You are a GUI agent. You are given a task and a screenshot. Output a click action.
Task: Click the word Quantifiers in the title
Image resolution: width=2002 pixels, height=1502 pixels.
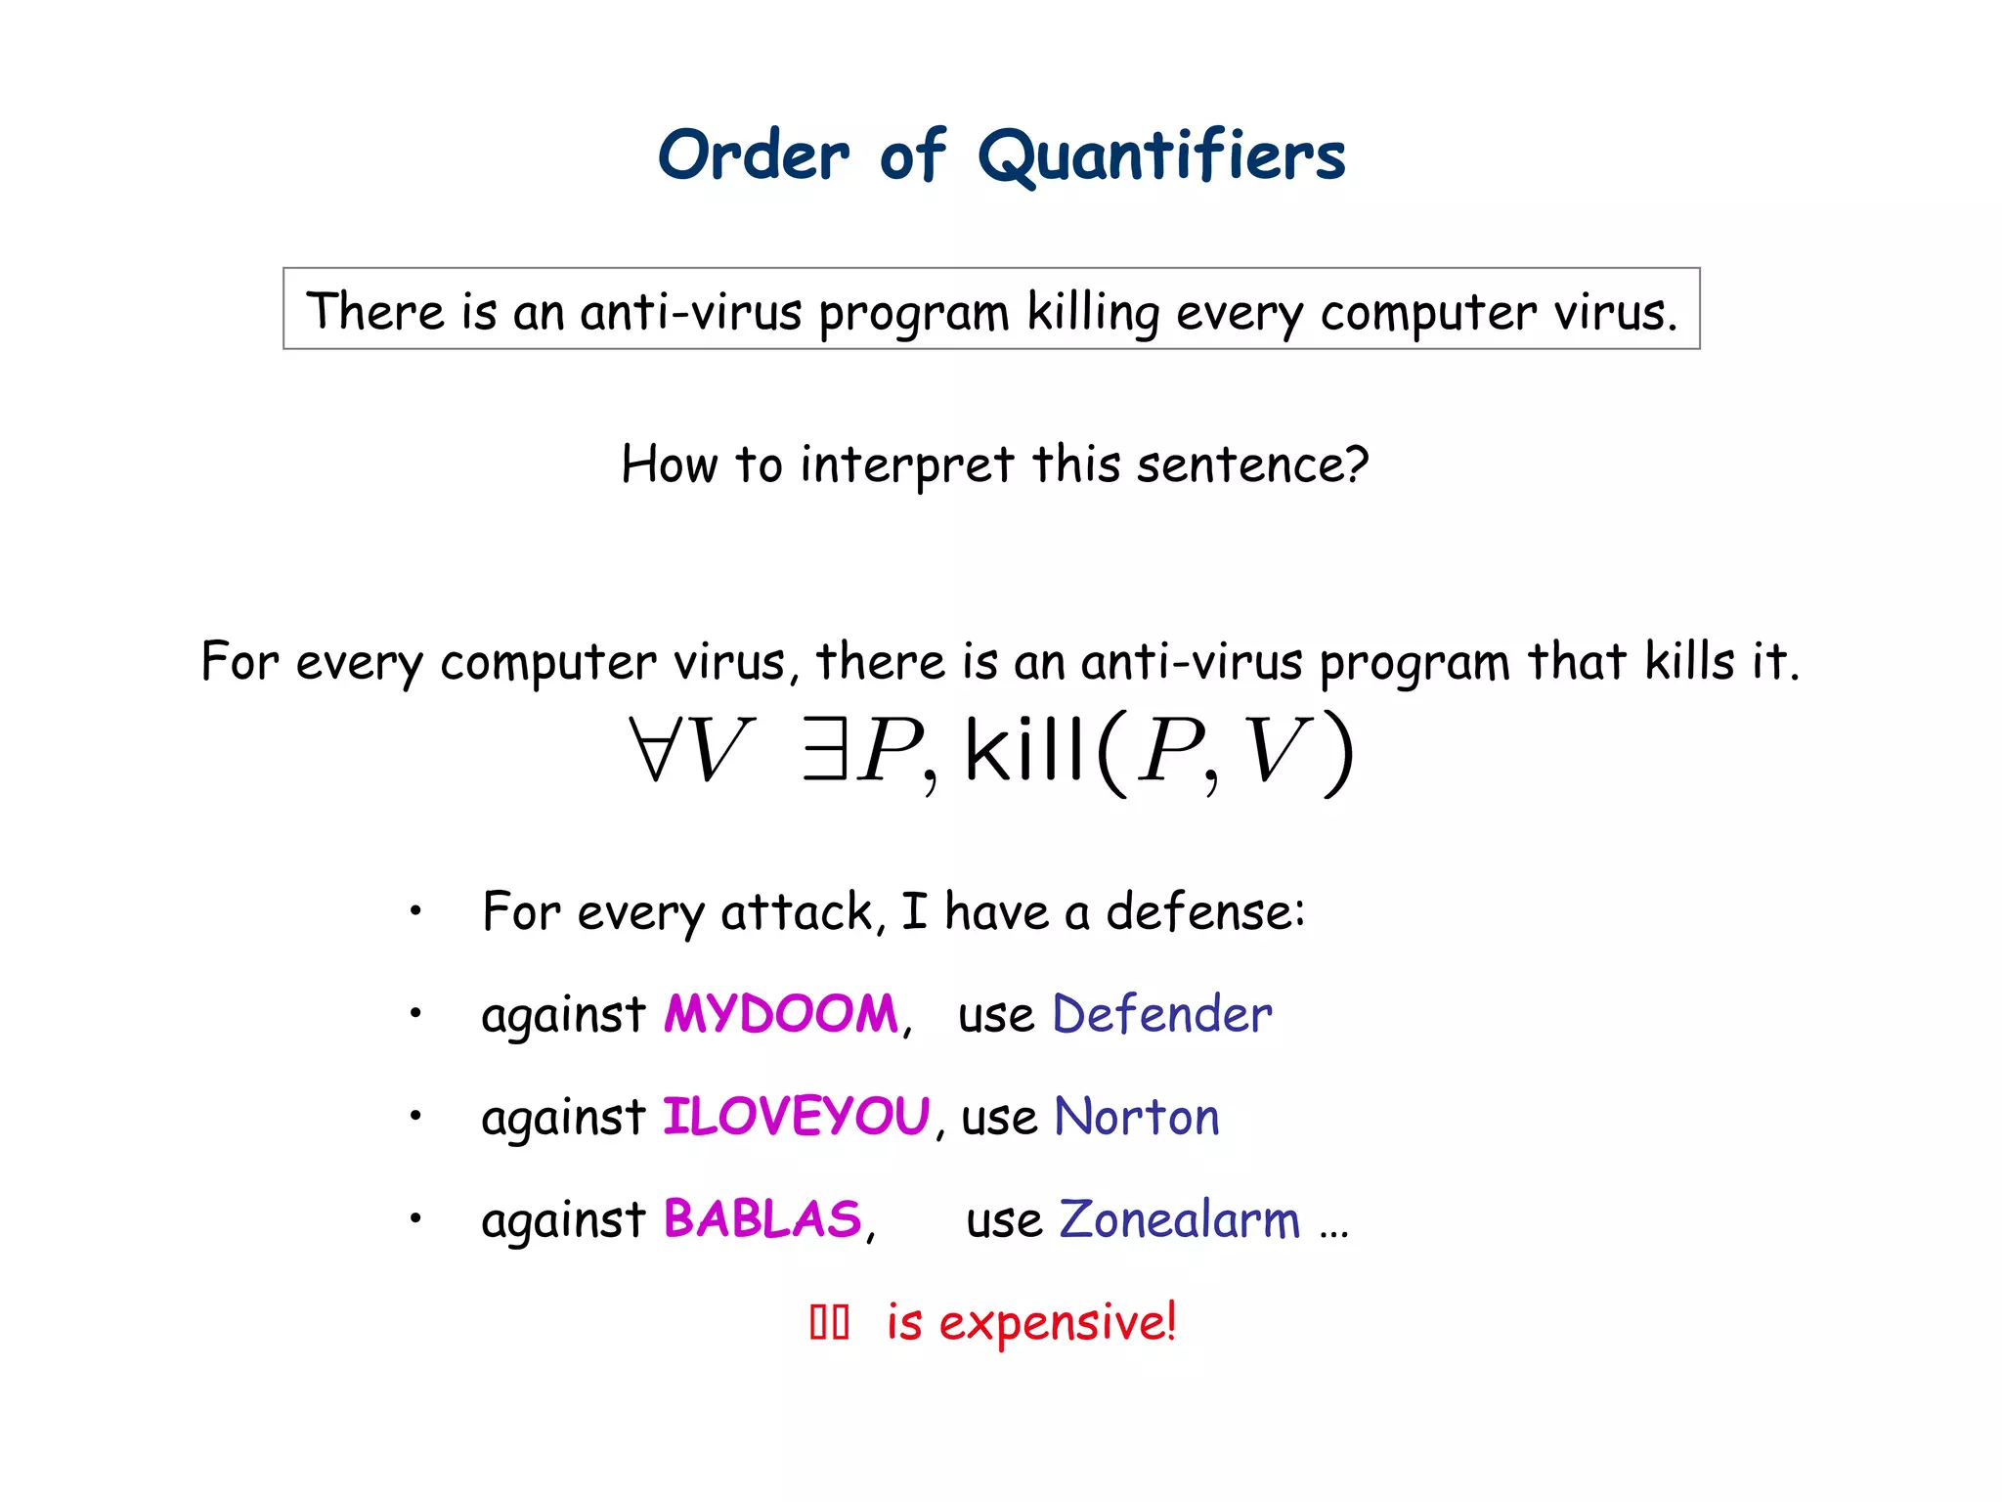click(x=1161, y=156)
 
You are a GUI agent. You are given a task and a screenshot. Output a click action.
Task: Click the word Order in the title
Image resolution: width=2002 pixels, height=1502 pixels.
click(x=754, y=156)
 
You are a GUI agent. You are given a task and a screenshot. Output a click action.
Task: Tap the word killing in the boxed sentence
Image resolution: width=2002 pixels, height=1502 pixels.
click(x=1092, y=313)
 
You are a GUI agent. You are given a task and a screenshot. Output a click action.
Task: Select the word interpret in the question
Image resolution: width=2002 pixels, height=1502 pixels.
click(x=906, y=465)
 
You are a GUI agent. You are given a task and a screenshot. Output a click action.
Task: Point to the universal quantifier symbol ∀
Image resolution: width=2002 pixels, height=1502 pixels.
click(x=653, y=750)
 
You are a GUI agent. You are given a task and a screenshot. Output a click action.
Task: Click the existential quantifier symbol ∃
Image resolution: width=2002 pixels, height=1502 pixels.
click(x=824, y=750)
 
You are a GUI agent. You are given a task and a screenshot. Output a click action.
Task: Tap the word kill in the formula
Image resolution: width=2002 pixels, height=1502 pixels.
click(x=1023, y=750)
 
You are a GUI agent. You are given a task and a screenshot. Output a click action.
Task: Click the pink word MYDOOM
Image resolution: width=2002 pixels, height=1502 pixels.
click(x=780, y=1014)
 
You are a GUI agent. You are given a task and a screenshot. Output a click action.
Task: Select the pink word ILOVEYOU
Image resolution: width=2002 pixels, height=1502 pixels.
click(x=796, y=1117)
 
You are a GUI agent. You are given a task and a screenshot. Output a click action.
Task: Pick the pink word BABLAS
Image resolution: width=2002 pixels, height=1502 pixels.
click(x=762, y=1219)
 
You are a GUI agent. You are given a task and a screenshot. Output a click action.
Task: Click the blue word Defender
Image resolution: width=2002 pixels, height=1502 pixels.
click(x=1162, y=1014)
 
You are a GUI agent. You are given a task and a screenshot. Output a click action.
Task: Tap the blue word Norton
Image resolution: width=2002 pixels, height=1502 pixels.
click(x=1137, y=1117)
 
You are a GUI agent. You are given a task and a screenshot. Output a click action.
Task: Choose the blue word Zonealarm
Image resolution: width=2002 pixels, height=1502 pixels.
click(x=1180, y=1219)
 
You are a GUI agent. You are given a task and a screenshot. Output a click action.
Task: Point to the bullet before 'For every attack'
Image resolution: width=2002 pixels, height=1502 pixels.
click(x=415, y=911)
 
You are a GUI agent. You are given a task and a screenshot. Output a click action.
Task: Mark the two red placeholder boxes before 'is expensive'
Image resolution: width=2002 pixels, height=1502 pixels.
click(x=829, y=1323)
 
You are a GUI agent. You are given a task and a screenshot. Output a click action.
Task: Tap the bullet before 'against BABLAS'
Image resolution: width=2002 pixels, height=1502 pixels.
click(x=415, y=1218)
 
